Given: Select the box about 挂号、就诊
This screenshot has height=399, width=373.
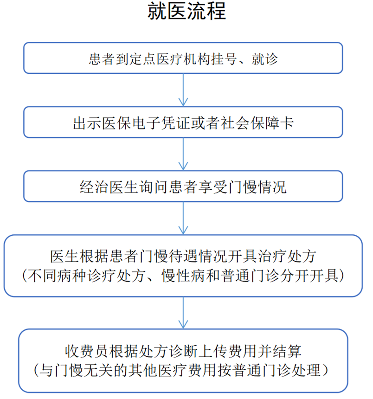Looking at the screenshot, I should click(x=183, y=58).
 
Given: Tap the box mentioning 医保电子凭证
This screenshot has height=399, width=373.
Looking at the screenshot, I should click(x=183, y=122).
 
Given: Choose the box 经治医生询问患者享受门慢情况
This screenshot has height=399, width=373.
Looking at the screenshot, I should click(x=183, y=187).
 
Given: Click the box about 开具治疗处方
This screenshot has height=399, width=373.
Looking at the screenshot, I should click(x=183, y=266).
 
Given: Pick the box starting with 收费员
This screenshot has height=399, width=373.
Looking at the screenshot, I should click(x=183, y=360).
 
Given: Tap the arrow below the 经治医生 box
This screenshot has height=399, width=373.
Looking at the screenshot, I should click(x=184, y=218).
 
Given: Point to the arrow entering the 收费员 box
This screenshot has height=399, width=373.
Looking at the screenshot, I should click(x=184, y=313).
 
